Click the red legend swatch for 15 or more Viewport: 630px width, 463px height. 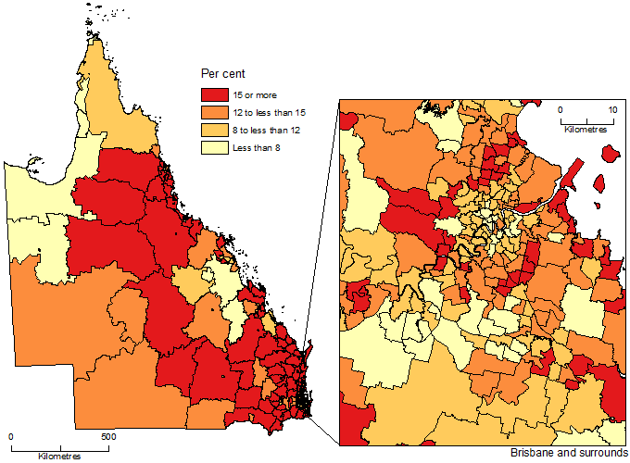click(x=215, y=95)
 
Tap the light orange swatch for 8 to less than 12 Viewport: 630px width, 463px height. click(x=215, y=131)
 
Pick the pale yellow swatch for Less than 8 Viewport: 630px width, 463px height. click(x=215, y=147)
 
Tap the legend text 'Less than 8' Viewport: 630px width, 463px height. click(x=260, y=147)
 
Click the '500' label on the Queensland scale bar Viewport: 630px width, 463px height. click(x=107, y=435)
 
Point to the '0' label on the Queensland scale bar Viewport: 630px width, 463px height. click(x=11, y=435)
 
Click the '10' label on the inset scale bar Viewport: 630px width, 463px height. click(x=611, y=109)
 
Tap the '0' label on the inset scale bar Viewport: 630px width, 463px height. click(x=560, y=109)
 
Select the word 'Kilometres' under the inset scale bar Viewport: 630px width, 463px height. click(x=585, y=131)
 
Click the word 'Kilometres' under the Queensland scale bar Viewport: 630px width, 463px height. click(x=59, y=457)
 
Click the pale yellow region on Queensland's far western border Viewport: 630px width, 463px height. click(x=32, y=194)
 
